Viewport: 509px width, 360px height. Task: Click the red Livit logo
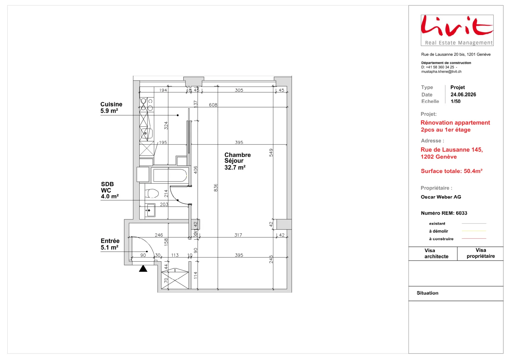(x=457, y=30)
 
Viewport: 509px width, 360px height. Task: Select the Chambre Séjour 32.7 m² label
(x=237, y=161)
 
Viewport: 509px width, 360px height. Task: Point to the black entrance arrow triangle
(x=143, y=268)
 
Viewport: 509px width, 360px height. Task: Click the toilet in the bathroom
(x=151, y=194)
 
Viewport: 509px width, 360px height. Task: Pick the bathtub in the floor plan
(x=170, y=175)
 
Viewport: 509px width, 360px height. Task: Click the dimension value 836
(x=216, y=187)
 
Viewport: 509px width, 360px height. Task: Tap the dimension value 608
(x=213, y=105)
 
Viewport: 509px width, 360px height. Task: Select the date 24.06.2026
(x=463, y=95)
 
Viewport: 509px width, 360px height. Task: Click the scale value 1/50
(x=455, y=102)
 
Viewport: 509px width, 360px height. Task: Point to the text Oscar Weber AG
(x=441, y=197)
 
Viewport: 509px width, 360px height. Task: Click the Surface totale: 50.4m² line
(x=451, y=171)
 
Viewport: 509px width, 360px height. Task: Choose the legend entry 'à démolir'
(x=439, y=231)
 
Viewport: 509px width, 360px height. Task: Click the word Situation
(x=428, y=293)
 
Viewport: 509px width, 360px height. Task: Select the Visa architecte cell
(x=433, y=253)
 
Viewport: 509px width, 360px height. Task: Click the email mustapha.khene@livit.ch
(x=441, y=72)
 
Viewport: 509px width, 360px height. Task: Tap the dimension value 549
(x=271, y=152)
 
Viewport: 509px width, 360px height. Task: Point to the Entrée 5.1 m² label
(x=110, y=244)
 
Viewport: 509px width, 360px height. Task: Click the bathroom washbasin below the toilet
(x=150, y=210)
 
